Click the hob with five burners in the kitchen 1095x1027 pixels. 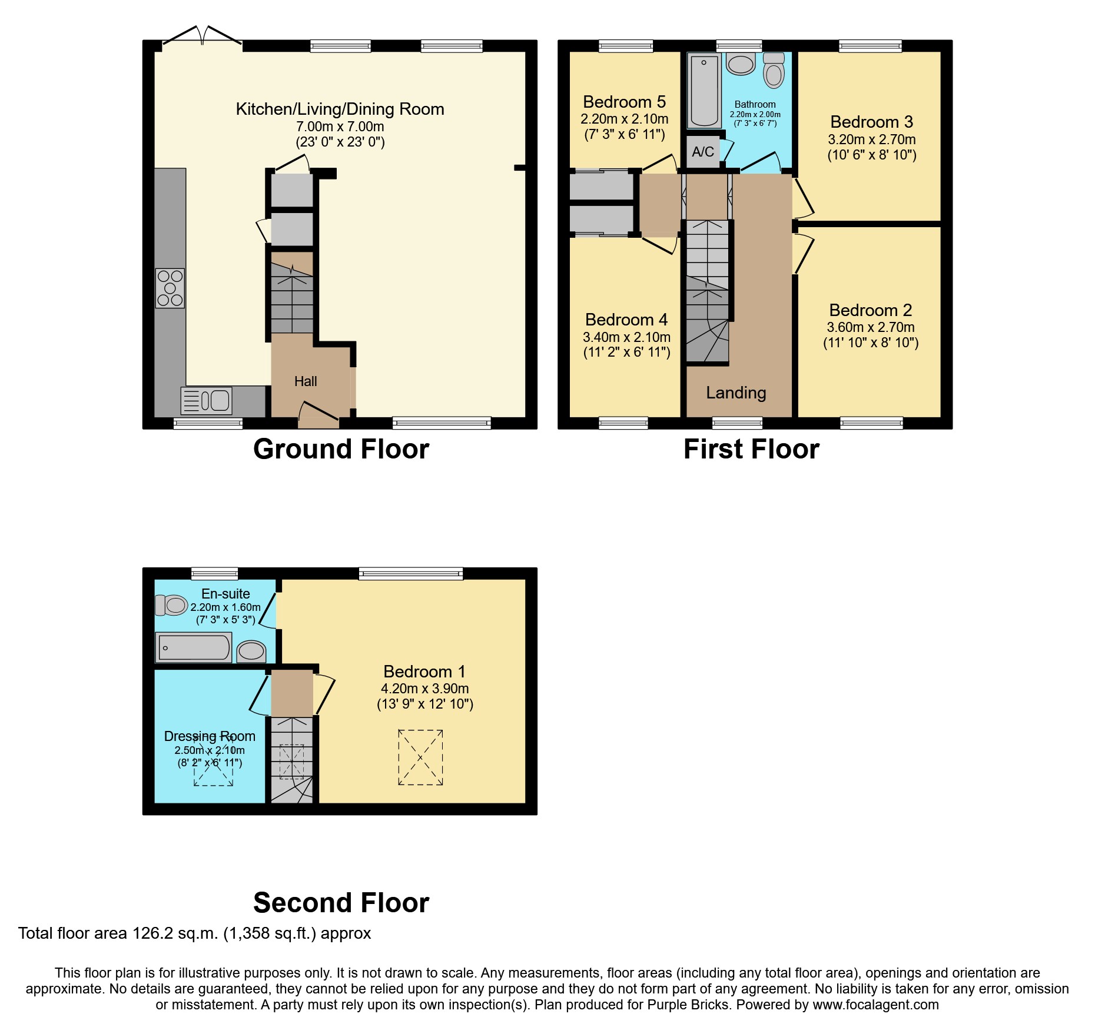pyautogui.click(x=170, y=288)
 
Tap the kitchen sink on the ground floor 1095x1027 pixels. pyautogui.click(x=207, y=401)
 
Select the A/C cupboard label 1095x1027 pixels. pyautogui.click(x=703, y=152)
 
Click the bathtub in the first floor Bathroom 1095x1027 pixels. pyautogui.click(x=704, y=91)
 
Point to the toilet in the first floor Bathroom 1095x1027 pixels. pyautogui.click(x=774, y=71)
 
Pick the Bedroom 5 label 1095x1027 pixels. pyautogui.click(x=624, y=102)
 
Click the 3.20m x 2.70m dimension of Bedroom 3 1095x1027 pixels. pyautogui.click(x=871, y=139)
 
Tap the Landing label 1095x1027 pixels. pyautogui.click(x=736, y=393)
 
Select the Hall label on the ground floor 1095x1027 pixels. pyautogui.click(x=306, y=381)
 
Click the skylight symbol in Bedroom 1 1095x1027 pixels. pyautogui.click(x=420, y=757)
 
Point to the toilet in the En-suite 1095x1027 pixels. pyautogui.click(x=171, y=605)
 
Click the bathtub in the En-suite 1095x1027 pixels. pyautogui.click(x=193, y=648)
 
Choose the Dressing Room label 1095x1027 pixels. pyautogui.click(x=210, y=736)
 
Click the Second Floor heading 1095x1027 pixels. pyautogui.click(x=341, y=902)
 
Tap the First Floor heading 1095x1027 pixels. pyautogui.click(x=751, y=449)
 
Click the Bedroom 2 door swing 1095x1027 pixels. pyautogui.click(x=803, y=253)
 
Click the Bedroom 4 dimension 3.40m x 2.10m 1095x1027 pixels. pyautogui.click(x=626, y=337)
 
